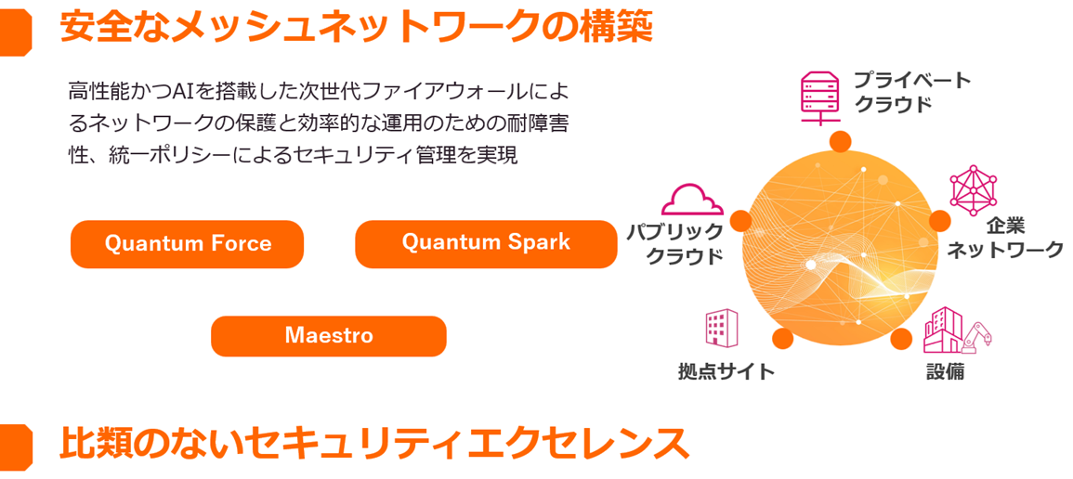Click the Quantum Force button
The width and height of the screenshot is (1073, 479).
[x=188, y=244]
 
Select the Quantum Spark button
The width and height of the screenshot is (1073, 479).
[x=486, y=243]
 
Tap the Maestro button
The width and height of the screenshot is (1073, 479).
[x=329, y=336]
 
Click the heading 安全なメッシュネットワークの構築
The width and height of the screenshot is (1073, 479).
[x=356, y=27]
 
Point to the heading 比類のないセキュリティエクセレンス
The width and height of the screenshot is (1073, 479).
[x=374, y=444]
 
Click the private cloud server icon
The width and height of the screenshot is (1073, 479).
[x=819, y=97]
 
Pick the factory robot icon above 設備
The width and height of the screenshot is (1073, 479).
[x=957, y=330]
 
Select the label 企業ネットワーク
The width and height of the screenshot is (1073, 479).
[x=1004, y=238]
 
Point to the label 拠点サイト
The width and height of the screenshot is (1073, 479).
[x=726, y=372]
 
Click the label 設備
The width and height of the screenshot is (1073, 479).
[x=945, y=372]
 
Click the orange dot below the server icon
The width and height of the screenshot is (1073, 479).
[x=841, y=141]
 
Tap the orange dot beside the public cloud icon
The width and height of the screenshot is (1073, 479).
[x=740, y=220]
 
